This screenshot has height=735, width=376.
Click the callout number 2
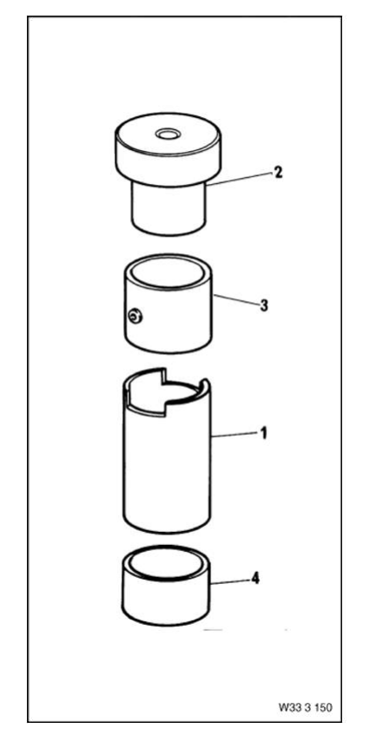(x=278, y=172)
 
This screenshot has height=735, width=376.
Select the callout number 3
(x=264, y=305)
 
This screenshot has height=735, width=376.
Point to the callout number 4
(x=255, y=579)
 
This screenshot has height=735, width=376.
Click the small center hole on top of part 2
(x=167, y=135)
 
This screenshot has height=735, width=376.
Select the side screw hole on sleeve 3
(x=135, y=318)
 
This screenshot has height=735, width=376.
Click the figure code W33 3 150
(x=305, y=707)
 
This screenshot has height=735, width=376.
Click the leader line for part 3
(x=236, y=300)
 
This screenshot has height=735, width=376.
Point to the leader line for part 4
(x=230, y=582)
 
